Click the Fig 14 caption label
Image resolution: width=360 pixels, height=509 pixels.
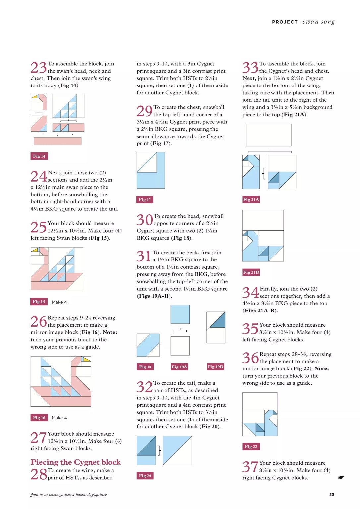39,156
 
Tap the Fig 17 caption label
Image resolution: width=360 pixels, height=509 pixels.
145,200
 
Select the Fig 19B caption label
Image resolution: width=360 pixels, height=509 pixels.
215,367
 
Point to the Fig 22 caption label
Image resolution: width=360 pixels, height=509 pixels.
251,446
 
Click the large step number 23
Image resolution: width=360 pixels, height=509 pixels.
39,67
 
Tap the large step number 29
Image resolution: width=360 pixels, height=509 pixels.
145,111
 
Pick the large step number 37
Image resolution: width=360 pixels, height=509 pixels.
250,467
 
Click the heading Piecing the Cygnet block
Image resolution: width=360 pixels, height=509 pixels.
76,462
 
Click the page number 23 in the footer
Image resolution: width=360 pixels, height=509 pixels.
332,494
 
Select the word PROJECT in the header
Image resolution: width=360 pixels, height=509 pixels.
285,22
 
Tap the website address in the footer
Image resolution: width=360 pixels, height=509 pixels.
69,495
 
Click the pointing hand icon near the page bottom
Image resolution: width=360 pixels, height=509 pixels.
341,477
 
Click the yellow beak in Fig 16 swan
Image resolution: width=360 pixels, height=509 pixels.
87,359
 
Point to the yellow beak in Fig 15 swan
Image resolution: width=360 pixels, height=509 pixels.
35,250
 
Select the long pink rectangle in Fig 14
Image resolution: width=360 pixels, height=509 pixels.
57,141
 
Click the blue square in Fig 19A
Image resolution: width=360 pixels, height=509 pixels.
180,314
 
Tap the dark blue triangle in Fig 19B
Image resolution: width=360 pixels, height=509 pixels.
219,321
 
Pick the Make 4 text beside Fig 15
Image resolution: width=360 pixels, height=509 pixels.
59,302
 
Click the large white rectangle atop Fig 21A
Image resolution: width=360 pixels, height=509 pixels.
269,135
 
